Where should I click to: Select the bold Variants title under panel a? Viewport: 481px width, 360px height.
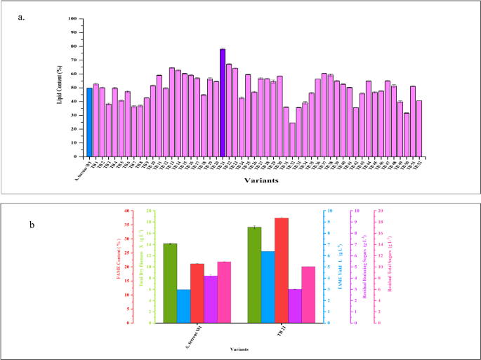click(x=261, y=180)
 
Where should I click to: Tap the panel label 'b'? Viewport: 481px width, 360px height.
click(x=31, y=225)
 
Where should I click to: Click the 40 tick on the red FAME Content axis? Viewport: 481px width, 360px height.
click(x=128, y=211)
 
